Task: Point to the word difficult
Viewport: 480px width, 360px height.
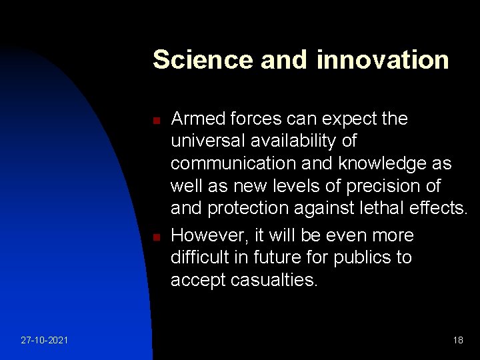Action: (x=199, y=258)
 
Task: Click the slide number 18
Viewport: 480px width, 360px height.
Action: (x=457, y=340)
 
